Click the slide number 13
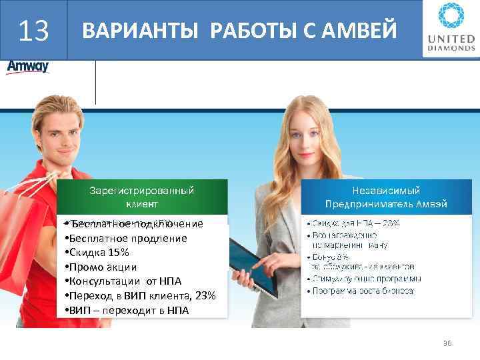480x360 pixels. point(33,31)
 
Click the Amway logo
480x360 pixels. point(27,68)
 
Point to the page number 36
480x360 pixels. point(447,343)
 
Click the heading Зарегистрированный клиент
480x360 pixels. point(141,197)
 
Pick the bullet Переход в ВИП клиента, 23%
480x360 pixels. point(140,295)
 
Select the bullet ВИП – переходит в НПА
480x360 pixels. point(127,310)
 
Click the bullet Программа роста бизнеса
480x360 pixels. point(363,291)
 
